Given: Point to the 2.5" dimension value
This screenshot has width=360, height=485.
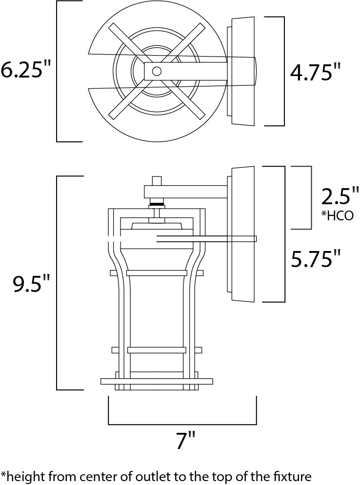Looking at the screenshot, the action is point(340,196).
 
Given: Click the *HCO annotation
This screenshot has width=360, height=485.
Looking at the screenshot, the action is point(337,215).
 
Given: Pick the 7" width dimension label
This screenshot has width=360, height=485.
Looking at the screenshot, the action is point(186,440).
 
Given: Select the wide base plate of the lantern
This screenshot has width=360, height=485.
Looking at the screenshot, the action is point(157,381).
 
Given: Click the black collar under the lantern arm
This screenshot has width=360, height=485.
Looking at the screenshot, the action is point(157,204).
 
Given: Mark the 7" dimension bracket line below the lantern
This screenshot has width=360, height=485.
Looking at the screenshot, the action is point(182,424).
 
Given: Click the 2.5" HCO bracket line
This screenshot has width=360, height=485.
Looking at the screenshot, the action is point(310,198).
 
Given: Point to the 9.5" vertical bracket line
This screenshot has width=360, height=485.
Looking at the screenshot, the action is point(57,283).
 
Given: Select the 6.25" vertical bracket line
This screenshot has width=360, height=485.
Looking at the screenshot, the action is point(57,71).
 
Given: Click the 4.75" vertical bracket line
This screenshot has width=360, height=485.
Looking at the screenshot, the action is point(284,72).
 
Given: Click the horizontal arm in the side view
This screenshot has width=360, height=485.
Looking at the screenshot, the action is point(186,192).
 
